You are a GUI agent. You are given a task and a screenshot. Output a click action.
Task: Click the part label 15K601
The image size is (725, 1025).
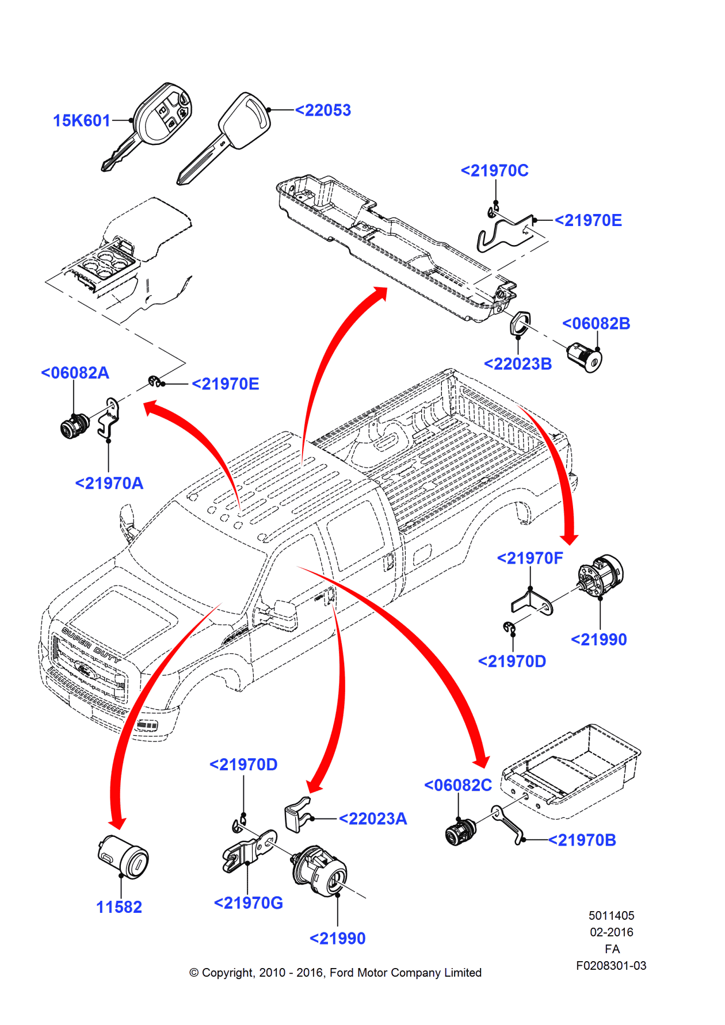81,120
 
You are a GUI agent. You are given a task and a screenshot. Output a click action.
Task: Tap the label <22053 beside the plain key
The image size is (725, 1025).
323,110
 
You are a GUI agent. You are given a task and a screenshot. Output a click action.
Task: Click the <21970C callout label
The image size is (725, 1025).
494,170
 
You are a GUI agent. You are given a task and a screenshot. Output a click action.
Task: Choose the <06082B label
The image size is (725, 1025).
596,323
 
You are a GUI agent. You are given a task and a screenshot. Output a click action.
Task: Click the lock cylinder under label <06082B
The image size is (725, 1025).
585,356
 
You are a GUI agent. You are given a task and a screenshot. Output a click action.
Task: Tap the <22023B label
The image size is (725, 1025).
518,364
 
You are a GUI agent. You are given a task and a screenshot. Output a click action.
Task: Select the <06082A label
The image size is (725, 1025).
75,373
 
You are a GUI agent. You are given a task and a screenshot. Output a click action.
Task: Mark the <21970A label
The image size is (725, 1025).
109,483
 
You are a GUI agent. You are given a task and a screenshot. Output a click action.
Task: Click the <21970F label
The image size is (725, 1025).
530,558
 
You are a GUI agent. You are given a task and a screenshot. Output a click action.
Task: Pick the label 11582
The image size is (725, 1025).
119,907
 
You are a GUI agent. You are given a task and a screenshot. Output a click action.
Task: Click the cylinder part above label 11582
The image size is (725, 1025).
123,856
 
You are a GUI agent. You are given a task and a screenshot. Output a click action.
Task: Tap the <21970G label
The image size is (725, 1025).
248,903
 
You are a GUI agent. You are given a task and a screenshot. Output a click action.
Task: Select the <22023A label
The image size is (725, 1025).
373,819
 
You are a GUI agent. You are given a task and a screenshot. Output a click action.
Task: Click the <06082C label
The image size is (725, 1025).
458,785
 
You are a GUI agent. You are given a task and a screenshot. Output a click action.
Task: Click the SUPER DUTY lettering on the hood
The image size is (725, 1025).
91,644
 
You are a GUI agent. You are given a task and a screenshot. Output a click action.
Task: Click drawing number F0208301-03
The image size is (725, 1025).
611,966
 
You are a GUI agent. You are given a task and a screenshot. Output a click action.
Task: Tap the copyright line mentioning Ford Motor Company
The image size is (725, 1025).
335,973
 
